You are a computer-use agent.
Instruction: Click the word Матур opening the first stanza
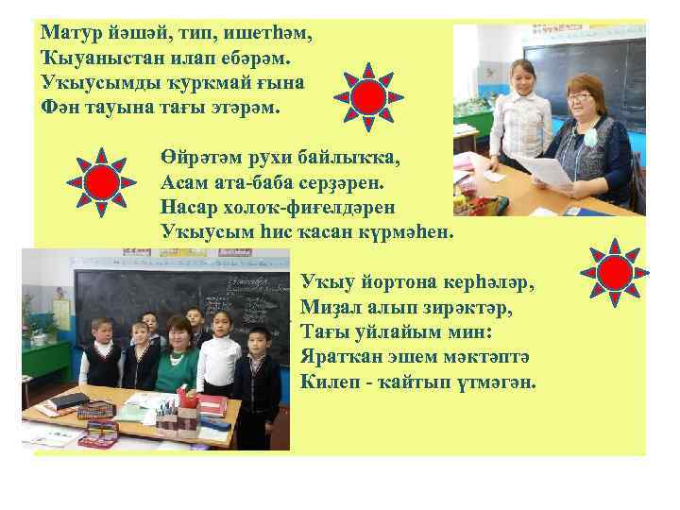[69, 31]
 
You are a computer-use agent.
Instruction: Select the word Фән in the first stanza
[60, 107]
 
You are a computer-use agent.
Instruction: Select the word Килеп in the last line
[324, 382]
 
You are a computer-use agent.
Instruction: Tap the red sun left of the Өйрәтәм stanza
[101, 180]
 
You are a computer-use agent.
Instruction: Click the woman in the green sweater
[176, 359]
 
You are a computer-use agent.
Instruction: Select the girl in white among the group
[220, 354]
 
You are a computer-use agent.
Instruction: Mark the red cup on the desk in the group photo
[187, 402]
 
